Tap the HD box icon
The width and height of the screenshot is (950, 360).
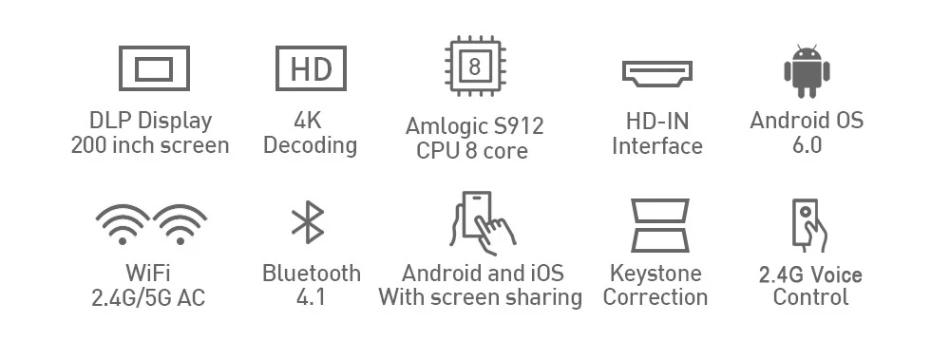pos(311,68)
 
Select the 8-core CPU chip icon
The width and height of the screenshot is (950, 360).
pos(476,66)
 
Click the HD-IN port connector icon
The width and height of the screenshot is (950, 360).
pos(657,73)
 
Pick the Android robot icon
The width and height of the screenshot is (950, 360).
pos(807,71)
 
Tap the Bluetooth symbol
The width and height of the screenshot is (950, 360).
pos(308,222)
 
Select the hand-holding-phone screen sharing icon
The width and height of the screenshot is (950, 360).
pos(483,223)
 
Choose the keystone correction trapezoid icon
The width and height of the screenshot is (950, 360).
pos(660,225)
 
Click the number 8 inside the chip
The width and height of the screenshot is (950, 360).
pos(475,66)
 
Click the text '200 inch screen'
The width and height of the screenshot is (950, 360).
pos(150,145)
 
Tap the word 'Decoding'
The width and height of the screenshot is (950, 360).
pos(311,145)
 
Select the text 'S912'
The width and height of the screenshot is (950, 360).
pos(519,126)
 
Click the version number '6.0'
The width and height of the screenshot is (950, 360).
pos(807,145)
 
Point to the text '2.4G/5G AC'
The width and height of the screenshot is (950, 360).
pos(148,297)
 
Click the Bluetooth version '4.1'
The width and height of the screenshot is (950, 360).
pos(311,297)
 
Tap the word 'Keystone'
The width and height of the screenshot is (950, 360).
pos(655,274)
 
